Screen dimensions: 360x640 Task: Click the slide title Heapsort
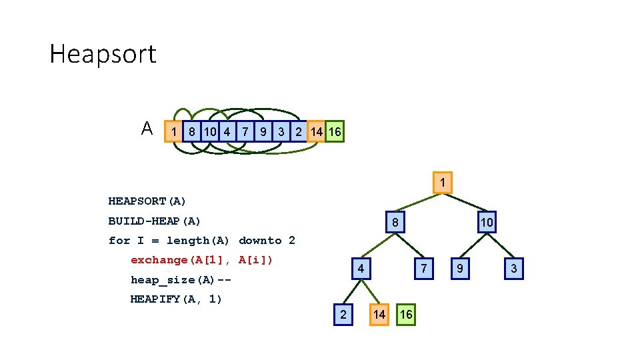103,53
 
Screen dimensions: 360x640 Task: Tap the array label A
147,128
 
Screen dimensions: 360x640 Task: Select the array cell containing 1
174,131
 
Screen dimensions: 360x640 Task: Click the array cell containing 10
210,131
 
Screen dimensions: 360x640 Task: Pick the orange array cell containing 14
317,131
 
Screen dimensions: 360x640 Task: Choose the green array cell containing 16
335,131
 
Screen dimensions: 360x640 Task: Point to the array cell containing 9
263,131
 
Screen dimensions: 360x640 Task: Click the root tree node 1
442,183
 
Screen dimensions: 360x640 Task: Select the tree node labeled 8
395,222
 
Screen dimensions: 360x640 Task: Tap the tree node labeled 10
487,222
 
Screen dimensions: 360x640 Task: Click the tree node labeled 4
361,269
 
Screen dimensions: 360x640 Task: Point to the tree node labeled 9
459,269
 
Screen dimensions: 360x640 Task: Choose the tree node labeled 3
514,269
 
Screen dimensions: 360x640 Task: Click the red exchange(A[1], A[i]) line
202,259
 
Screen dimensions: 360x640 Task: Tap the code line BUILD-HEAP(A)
155,221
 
